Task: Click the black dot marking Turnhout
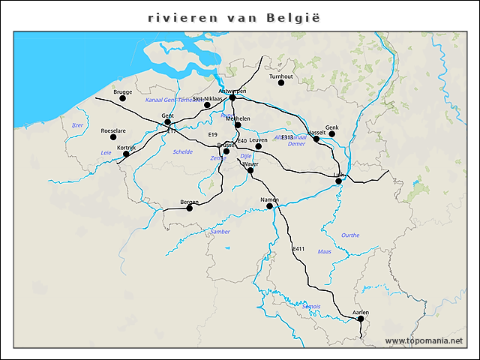(281, 82)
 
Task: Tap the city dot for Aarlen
(361, 319)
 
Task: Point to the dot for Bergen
(190, 208)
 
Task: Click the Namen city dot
(270, 205)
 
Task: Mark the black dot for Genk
(332, 133)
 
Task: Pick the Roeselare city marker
(113, 136)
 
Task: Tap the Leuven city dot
(258, 145)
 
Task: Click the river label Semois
(311, 307)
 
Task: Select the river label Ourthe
(350, 235)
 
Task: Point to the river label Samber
(220, 232)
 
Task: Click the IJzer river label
(77, 125)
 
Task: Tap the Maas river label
(325, 251)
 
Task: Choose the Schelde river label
(183, 151)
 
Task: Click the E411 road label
(298, 248)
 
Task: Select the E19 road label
(212, 134)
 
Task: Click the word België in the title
(293, 17)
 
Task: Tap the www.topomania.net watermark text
(424, 341)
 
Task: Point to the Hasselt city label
(316, 132)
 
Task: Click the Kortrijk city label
(126, 148)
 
